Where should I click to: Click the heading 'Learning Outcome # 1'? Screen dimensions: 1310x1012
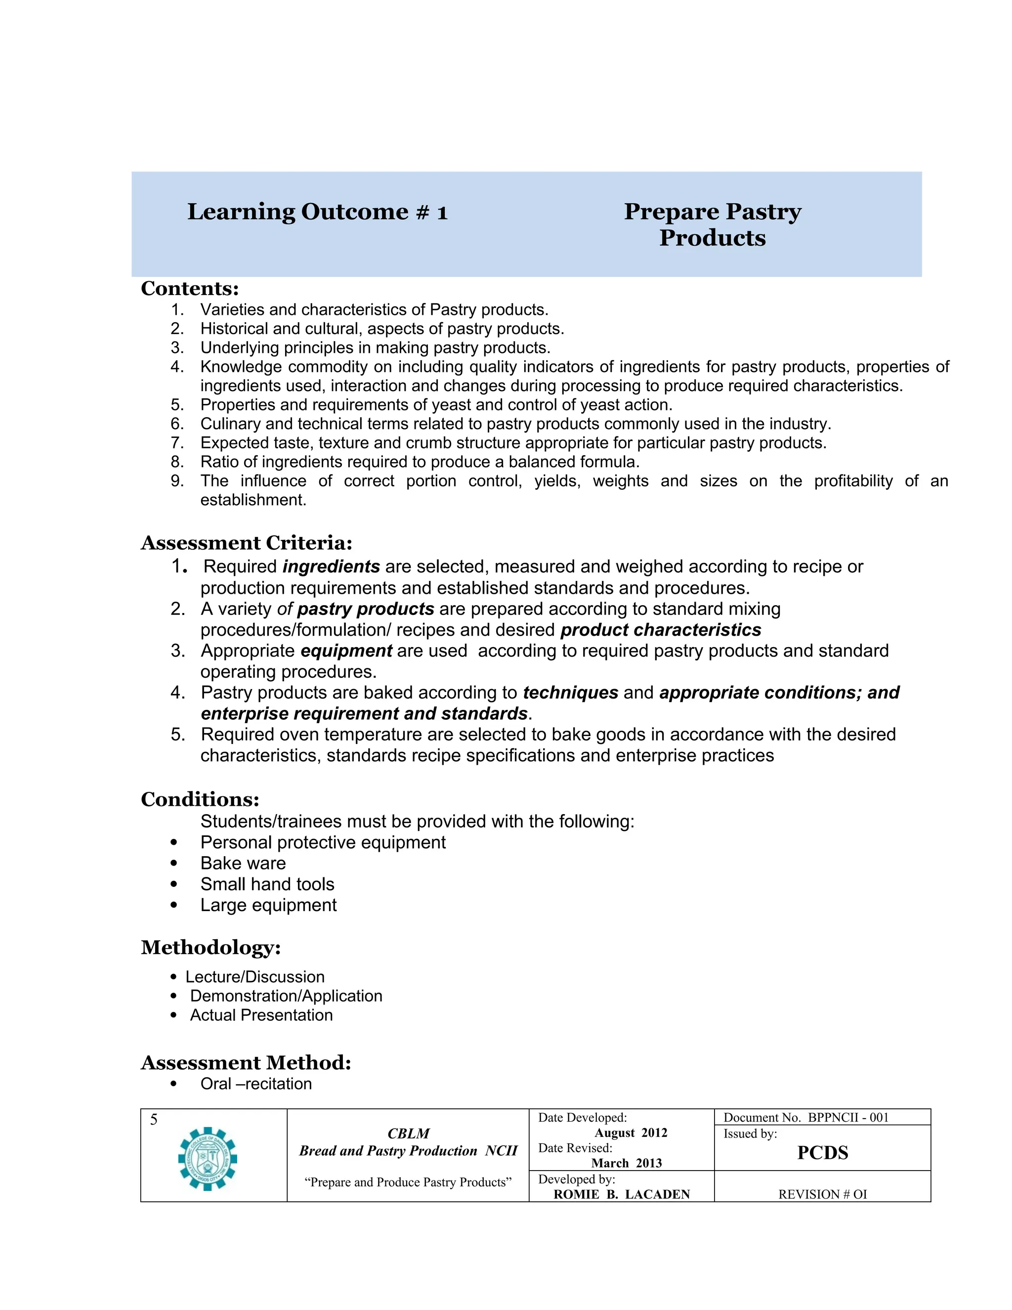317,212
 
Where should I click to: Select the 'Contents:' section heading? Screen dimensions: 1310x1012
189,289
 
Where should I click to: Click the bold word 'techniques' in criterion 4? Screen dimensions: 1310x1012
570,692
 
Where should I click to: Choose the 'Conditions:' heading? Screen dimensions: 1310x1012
200,799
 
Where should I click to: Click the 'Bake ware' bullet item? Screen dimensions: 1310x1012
243,863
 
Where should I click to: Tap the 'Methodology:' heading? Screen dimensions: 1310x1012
211,947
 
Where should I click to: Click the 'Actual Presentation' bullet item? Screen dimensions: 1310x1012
261,1015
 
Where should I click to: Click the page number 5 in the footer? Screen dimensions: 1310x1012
154,1119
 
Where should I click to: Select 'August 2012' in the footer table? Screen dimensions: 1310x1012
631,1133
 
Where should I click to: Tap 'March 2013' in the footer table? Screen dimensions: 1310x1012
627,1163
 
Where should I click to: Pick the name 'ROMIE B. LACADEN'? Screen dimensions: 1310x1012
621,1194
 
